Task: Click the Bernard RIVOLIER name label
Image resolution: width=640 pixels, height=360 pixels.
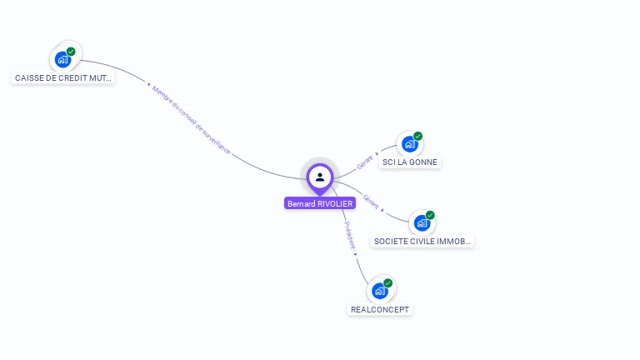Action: click(x=320, y=203)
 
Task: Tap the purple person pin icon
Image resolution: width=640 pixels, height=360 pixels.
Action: click(x=320, y=177)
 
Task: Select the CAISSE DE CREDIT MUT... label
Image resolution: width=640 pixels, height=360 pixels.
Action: click(x=64, y=77)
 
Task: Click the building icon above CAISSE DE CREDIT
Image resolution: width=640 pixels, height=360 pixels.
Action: click(x=62, y=59)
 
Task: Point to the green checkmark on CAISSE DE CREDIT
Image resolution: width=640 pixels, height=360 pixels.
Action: click(x=71, y=52)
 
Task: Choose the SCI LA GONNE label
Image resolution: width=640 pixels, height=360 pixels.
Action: click(x=409, y=162)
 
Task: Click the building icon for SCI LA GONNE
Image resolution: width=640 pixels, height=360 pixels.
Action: click(x=409, y=144)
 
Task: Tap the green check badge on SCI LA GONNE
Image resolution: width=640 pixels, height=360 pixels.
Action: click(x=417, y=137)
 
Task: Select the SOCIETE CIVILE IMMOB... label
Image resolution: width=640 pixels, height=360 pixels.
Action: click(x=422, y=242)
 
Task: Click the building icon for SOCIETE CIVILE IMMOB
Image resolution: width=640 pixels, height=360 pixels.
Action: click(x=422, y=223)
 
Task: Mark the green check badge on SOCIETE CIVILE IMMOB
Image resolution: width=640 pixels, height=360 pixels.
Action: click(x=430, y=216)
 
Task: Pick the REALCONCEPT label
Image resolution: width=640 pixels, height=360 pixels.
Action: click(x=380, y=309)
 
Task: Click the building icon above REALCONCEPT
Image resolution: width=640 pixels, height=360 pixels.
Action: click(x=380, y=291)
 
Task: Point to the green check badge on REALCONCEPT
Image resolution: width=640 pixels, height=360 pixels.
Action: click(x=388, y=283)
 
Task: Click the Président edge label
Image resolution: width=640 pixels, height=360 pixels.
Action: click(x=350, y=235)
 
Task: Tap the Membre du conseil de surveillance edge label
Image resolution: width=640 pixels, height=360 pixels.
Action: click(x=191, y=120)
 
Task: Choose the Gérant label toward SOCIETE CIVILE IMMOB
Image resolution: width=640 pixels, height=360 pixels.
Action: click(x=372, y=202)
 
